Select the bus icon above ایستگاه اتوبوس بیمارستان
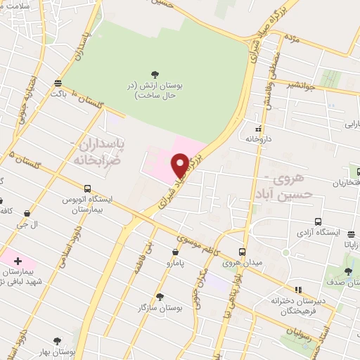[x=88, y=188]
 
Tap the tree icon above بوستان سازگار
[x=161, y=297]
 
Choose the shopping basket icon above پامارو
[x=175, y=251]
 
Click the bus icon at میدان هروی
[x=242, y=252]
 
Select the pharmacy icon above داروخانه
[x=258, y=129]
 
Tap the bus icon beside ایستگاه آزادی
[x=319, y=219]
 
